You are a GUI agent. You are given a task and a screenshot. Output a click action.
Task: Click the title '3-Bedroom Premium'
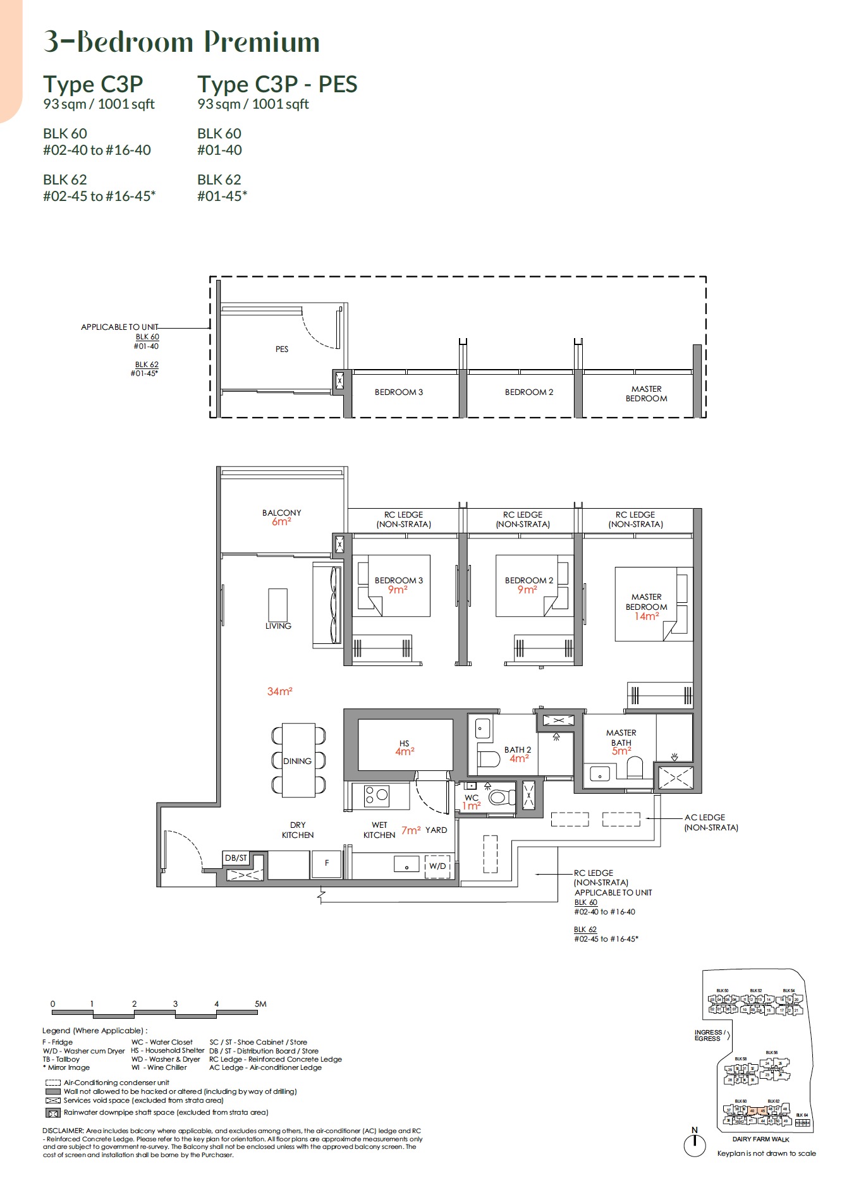[x=181, y=42]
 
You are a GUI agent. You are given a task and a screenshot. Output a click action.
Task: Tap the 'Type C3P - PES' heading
[x=277, y=84]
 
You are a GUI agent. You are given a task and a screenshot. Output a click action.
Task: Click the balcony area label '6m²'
[x=281, y=522]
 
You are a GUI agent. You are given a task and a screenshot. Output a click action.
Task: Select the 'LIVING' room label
[x=278, y=626]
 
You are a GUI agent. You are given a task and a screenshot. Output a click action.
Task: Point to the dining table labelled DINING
[x=298, y=761]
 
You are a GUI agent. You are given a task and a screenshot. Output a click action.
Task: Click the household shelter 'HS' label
[x=404, y=743]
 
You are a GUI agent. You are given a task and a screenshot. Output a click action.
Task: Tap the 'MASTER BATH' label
[x=621, y=737]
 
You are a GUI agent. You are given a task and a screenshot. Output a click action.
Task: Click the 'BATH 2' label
[x=517, y=749]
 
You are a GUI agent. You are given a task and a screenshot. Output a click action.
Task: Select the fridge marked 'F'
[x=327, y=863]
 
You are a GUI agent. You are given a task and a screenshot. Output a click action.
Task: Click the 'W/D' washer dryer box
[x=437, y=866]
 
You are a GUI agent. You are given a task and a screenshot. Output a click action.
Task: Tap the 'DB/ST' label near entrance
[x=236, y=858]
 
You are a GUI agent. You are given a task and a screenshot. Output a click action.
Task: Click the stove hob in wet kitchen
[x=377, y=796]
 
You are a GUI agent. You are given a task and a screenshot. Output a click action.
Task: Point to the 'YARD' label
[x=436, y=830]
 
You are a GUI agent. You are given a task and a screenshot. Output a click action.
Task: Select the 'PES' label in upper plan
[x=282, y=349]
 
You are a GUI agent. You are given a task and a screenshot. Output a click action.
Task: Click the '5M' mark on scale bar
[x=260, y=1004]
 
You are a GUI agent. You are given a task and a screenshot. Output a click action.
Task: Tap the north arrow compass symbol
[x=695, y=1143]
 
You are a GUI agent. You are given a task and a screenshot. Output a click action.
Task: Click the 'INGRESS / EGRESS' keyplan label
[x=707, y=1035]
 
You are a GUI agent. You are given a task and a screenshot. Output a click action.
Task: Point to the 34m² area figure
[x=279, y=691]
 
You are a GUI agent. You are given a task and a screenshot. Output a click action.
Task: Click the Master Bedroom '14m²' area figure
[x=647, y=616]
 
